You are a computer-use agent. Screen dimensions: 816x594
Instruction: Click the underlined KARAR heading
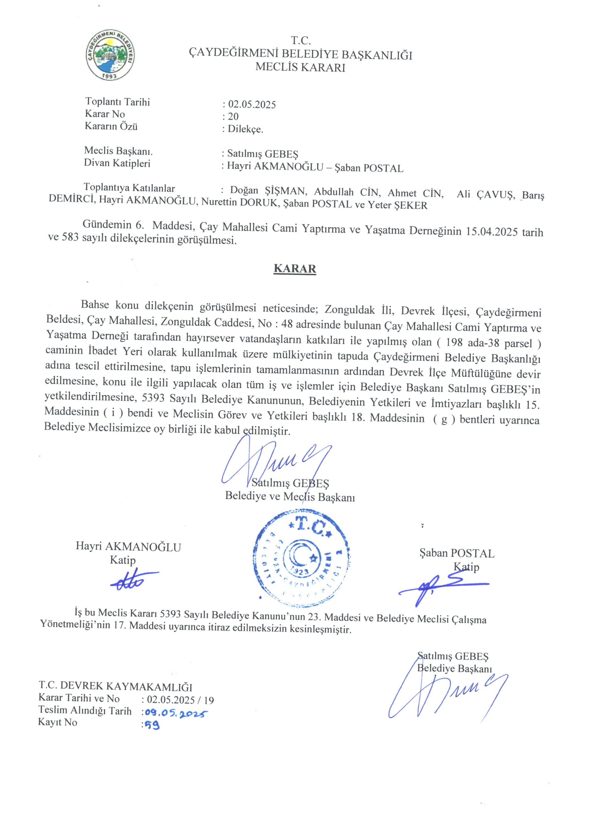click(295, 269)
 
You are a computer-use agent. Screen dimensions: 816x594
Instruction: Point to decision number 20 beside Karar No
click(233, 117)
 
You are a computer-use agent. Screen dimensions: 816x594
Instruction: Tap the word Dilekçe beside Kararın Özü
click(245, 129)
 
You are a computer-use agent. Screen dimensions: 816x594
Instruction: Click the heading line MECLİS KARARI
click(300, 67)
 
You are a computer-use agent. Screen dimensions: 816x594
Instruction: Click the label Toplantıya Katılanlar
click(129, 188)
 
